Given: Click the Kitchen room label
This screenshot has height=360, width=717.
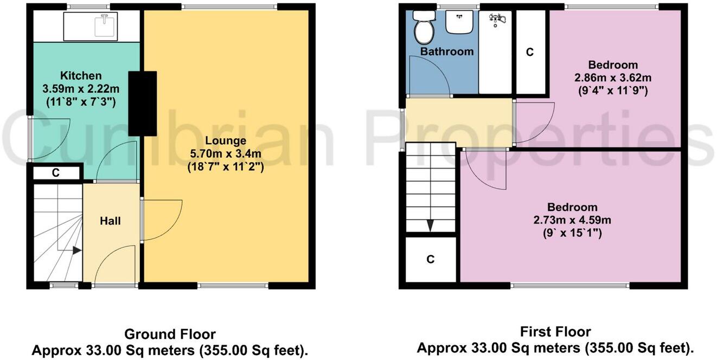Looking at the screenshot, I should tap(80, 75).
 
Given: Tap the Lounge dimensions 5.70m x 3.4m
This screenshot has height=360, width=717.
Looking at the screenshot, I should tap(225, 155).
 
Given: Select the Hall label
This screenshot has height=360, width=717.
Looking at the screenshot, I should tap(110, 221).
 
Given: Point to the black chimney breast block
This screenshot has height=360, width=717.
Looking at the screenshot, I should tap(142, 103).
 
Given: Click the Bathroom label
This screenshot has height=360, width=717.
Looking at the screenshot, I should tap(447, 52).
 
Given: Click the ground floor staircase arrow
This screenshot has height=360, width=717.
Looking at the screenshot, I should tap(76, 250).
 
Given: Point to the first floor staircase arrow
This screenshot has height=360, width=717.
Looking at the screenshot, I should tap(430, 225).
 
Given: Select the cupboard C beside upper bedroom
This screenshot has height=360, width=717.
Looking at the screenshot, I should tap(530, 52).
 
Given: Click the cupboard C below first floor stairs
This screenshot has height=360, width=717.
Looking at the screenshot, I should tap(430, 259).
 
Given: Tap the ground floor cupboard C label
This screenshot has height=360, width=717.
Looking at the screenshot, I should tap(55, 173).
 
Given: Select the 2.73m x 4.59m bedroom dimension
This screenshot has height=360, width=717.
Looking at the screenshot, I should tap(572, 220).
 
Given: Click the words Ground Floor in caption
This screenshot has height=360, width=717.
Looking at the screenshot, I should tap(170, 334).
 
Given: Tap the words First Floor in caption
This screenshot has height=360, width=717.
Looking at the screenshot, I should tap(555, 331).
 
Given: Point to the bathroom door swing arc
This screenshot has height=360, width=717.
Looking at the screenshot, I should tap(428, 76).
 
